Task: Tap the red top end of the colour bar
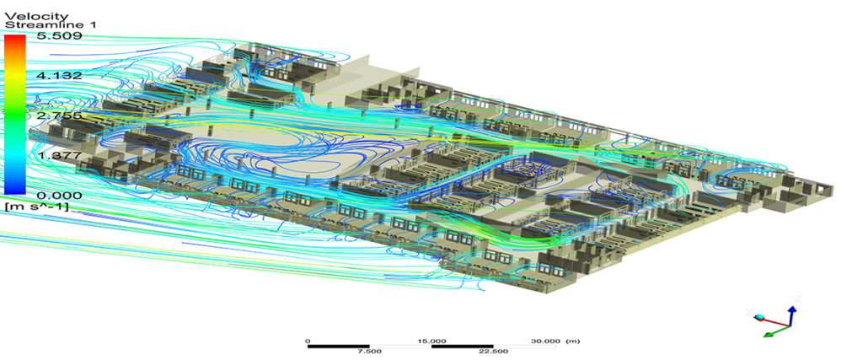(x=14, y=39)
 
